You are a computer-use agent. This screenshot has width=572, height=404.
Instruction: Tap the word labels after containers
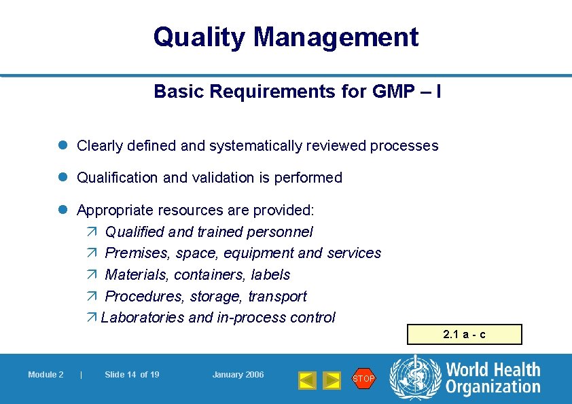tap(270, 275)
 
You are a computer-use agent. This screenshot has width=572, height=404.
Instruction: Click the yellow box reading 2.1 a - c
tap(465, 335)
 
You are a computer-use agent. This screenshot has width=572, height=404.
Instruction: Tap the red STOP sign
tap(363, 379)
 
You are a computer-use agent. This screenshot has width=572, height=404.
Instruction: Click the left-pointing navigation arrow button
tap(308, 380)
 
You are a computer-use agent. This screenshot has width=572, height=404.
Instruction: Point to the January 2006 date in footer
tap(238, 375)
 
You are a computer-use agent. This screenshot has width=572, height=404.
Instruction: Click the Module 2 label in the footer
tap(46, 375)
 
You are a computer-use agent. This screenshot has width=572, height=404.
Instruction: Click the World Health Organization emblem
tap(415, 379)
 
